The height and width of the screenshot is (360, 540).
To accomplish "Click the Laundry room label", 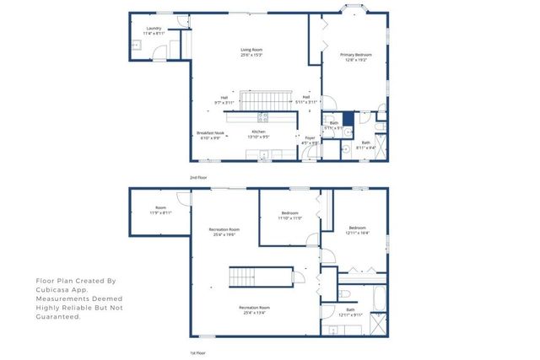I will click(153, 30).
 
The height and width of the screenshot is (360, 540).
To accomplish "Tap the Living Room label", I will click(251, 52).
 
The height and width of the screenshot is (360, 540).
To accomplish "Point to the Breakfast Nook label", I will click(210, 134).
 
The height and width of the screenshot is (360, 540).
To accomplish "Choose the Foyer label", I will click(310, 140).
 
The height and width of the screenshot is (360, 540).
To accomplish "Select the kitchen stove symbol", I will click(262, 117).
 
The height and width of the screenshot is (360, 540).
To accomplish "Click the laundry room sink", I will click(136, 46).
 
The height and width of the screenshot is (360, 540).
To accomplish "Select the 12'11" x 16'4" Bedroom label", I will click(358, 229).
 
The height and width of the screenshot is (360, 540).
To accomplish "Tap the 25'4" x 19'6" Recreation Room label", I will click(224, 232).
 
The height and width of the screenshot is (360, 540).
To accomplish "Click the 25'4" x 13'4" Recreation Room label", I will click(253, 311).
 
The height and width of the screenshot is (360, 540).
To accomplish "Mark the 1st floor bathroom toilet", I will click(348, 294).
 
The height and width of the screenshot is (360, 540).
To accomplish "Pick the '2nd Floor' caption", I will click(197, 179).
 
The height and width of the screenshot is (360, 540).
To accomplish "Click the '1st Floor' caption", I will click(197, 352).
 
